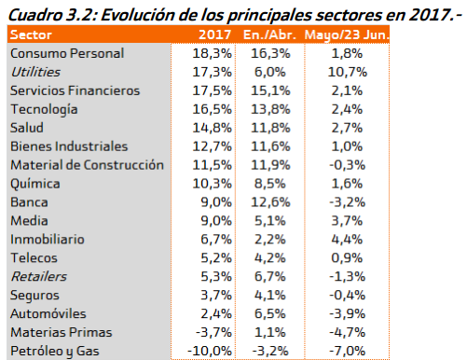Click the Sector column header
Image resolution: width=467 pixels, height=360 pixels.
[34, 35]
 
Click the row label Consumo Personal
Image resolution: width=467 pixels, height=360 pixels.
[68, 53]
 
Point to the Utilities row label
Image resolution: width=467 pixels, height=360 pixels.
[34, 72]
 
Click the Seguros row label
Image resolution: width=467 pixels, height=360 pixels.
[35, 296]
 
